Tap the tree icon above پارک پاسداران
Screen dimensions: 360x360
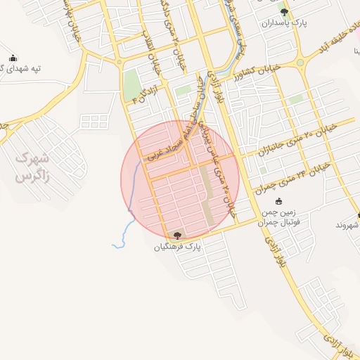pyautogui.click(x=284, y=12)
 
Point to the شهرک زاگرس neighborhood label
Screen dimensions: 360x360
pyautogui.click(x=33, y=167)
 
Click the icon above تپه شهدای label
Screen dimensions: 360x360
pyautogui.click(x=13, y=58)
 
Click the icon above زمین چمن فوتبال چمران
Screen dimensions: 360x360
pyautogui.click(x=278, y=202)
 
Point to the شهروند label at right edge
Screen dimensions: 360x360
pyautogui.click(x=348, y=225)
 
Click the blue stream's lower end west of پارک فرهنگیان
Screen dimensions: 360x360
pyautogui.click(x=114, y=246)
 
